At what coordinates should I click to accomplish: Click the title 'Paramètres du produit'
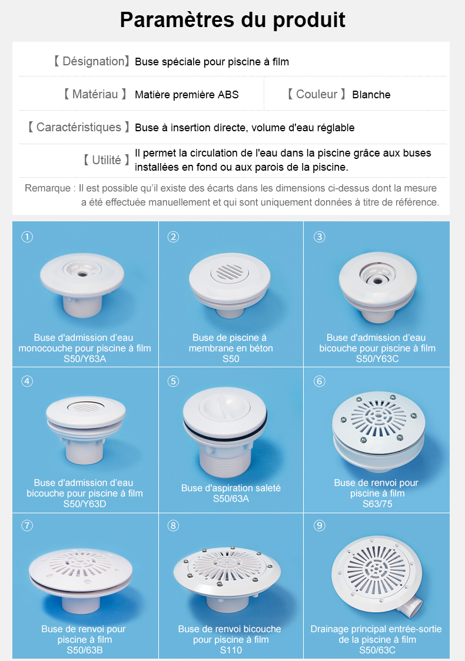232,20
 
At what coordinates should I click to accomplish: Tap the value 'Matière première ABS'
187,94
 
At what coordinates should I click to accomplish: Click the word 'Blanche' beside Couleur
371,94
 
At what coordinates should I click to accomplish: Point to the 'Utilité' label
106,160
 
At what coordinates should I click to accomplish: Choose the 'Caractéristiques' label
78,127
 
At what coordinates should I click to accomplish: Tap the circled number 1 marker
28,237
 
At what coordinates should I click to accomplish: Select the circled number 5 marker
173,381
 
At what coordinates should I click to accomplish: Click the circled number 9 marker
320,525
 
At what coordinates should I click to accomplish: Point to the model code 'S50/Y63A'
85,358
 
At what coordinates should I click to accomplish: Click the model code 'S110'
231,650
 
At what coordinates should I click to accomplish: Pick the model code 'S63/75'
377,504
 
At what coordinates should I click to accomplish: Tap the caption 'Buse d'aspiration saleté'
231,488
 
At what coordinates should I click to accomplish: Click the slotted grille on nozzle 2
230,272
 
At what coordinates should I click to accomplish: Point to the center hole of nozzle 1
82,274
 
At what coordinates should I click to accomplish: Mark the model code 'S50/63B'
84,650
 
